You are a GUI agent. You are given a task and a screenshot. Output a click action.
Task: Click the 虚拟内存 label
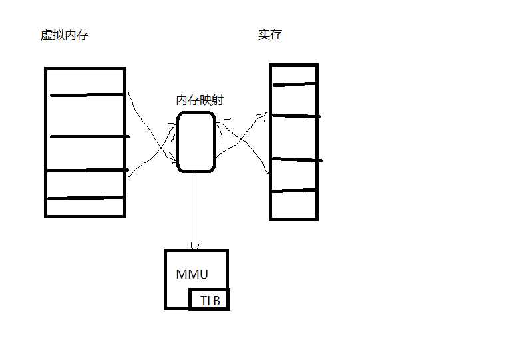click(x=65, y=35)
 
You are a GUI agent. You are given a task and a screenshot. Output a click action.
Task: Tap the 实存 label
click(x=270, y=34)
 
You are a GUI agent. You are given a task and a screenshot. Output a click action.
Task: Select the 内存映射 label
click(x=200, y=100)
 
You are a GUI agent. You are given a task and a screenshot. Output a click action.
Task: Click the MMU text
click(x=192, y=274)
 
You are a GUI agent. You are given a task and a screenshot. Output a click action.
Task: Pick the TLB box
click(x=209, y=299)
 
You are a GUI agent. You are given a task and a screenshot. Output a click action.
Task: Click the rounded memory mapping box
click(x=176, y=142)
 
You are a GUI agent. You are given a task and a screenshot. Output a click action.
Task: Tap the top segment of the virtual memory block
click(x=85, y=81)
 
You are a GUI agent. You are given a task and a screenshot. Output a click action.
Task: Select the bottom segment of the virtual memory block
click(x=85, y=207)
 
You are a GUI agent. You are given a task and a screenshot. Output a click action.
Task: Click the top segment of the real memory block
click(x=294, y=75)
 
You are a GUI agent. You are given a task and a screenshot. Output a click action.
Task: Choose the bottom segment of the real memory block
click(x=294, y=204)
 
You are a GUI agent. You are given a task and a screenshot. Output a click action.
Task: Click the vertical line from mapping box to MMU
click(x=194, y=211)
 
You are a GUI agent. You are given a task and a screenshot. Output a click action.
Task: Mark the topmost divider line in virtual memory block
click(x=86, y=95)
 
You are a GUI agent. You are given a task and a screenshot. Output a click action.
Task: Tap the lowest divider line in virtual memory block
click(x=85, y=198)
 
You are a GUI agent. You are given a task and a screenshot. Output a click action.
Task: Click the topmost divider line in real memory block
click(x=295, y=85)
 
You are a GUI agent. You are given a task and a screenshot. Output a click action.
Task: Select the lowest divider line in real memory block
click(x=294, y=190)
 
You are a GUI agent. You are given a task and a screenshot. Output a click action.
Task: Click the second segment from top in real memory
click(x=294, y=100)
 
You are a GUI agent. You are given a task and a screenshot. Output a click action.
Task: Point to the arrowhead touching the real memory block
click(x=265, y=114)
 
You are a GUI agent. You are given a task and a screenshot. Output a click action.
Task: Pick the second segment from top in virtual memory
click(x=85, y=116)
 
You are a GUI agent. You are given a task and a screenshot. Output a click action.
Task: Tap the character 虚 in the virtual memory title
click(x=47, y=35)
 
